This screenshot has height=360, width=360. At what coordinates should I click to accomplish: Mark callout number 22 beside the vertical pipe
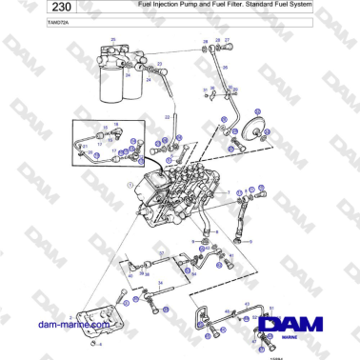pyautogui.click(x=167, y=116)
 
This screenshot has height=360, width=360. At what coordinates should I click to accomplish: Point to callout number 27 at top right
pyautogui.click(x=227, y=41)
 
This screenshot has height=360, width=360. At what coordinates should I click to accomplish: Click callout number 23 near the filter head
pyautogui.click(x=159, y=64)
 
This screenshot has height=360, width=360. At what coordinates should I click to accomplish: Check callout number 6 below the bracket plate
pyautogui.click(x=101, y=344)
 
